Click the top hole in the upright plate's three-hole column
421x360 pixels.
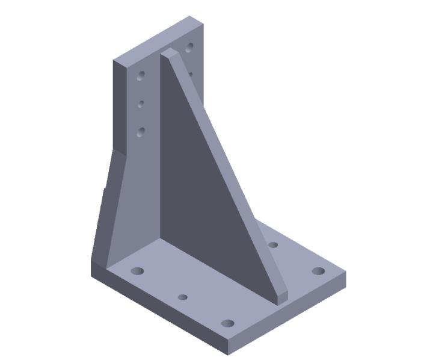coord(141,76)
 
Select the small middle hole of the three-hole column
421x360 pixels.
coord(141,104)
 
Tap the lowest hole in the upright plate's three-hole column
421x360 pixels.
coord(141,131)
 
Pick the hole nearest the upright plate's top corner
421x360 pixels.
coord(189,46)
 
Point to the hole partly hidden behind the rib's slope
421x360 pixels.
coord(190,74)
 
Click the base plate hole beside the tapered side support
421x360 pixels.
coord(138,271)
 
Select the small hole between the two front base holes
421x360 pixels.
coord(183,297)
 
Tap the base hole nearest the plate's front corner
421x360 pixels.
coord(227,323)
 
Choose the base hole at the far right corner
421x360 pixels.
coord(318,270)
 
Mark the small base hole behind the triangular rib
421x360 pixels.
coord(272,244)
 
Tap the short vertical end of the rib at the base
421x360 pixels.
coord(281,295)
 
